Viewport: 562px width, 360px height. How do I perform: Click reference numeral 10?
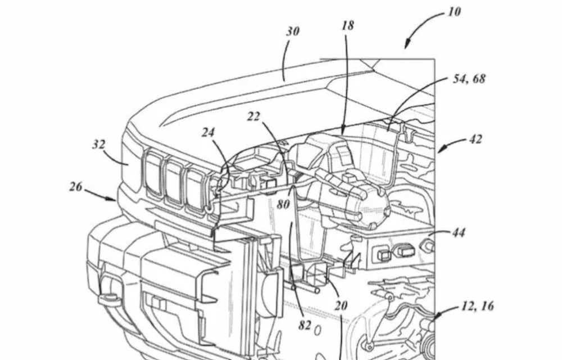pos(455,12)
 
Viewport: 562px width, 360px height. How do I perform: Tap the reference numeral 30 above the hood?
pos(293,32)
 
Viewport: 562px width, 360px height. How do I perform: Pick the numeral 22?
pos(255,117)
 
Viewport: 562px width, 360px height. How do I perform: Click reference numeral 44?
pos(459,232)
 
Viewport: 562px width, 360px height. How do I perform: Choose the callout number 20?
pos(341,306)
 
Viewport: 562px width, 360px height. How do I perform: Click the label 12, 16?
pos(477,306)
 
